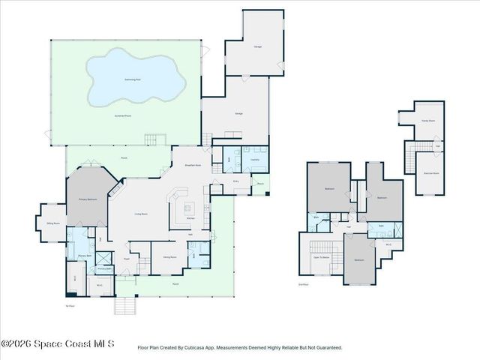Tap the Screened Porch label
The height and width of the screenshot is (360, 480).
124,116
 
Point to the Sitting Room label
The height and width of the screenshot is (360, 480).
53,223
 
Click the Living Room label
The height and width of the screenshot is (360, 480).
140,214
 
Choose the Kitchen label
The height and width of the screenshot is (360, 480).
190,218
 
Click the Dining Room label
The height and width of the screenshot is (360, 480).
170,256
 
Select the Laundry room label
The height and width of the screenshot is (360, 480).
255,160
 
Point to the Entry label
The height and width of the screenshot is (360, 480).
235,181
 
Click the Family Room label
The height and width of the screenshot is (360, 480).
428,120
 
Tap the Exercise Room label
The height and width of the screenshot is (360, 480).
430,172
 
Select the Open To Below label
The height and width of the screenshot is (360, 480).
322,257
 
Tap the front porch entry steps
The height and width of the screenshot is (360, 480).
125,305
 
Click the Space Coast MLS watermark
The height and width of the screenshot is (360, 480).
58,344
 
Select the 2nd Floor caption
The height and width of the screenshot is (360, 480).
304,285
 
